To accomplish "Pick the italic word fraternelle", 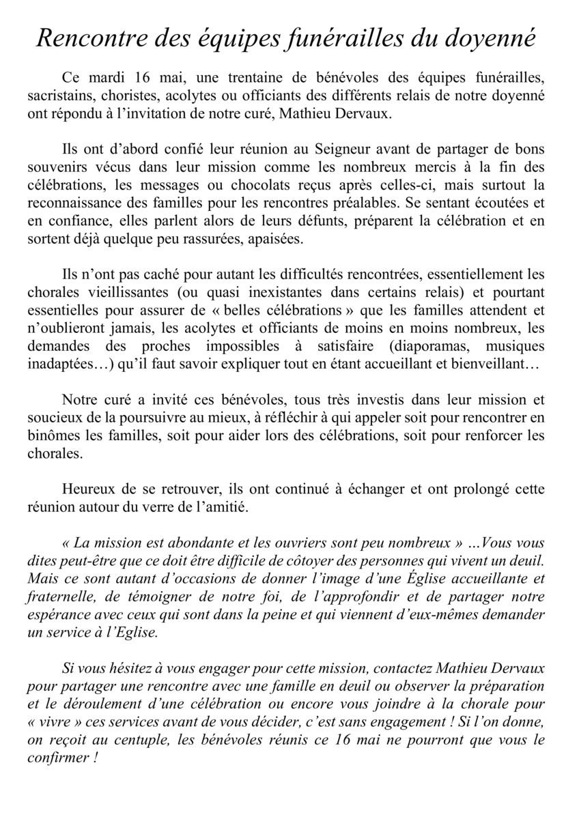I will point(63,597).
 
